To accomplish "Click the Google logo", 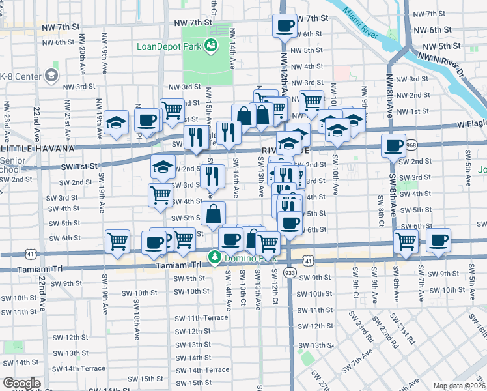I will (21, 383).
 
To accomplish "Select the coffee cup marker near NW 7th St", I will (285, 27).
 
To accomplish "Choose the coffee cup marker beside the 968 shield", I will (393, 147).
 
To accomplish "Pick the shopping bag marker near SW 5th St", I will (214, 213).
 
